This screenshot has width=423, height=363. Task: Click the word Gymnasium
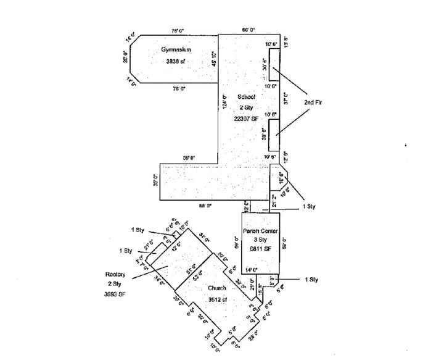(177, 49)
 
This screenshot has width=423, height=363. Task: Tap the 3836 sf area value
(176, 62)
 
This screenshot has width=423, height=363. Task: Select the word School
(247, 97)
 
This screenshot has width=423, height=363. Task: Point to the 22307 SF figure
(246, 117)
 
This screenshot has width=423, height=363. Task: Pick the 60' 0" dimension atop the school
(248, 30)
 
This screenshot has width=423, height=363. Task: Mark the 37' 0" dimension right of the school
(285, 98)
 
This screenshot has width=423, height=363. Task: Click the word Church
(217, 288)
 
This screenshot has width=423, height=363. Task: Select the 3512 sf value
(218, 299)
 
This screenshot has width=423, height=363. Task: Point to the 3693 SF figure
(116, 294)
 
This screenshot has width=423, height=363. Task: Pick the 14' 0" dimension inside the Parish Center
(250, 270)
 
